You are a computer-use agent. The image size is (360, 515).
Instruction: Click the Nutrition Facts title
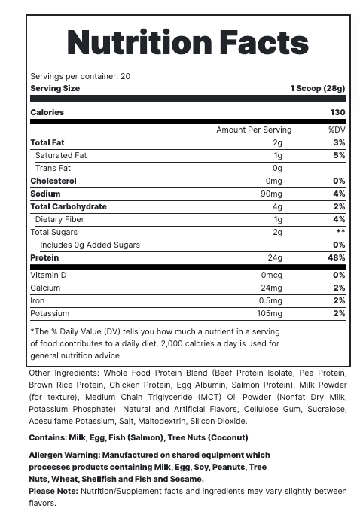188,43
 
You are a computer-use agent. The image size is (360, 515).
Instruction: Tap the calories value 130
337,112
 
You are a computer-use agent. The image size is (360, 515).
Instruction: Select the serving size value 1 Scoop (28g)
317,88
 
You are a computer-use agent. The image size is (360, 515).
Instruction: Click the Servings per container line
80,76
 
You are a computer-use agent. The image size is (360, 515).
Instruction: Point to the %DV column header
337,130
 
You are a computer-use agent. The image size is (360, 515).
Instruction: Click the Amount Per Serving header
254,130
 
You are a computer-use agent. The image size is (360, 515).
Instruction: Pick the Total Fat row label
47,142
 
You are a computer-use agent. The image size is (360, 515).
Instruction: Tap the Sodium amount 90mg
271,194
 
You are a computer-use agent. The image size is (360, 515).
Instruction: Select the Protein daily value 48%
337,257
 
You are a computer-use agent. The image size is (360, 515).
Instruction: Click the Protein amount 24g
275,257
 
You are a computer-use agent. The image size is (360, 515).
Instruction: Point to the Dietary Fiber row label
59,219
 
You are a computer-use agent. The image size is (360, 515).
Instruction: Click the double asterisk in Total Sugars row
340,232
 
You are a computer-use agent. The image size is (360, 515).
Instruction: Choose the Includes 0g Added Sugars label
90,245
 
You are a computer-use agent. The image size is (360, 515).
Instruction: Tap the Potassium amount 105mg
269,313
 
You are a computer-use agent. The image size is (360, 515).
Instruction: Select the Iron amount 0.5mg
270,300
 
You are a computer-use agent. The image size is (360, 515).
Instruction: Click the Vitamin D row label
48,275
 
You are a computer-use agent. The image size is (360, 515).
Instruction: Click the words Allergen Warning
64,455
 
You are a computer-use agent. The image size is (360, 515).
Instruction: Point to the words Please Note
53,491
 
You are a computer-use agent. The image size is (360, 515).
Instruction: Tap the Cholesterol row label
53,181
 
